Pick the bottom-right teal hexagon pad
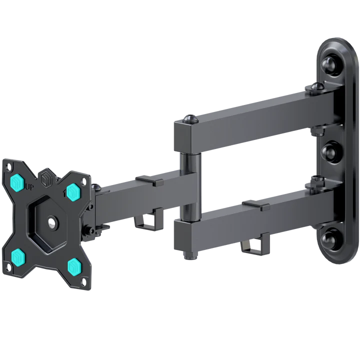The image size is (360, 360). tap(74, 265)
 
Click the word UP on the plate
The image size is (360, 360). tap(29, 187)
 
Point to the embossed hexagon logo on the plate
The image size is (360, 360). tap(45, 178)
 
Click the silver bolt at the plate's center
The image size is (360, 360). tap(52, 222)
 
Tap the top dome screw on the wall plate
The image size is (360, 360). tap(330, 64)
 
